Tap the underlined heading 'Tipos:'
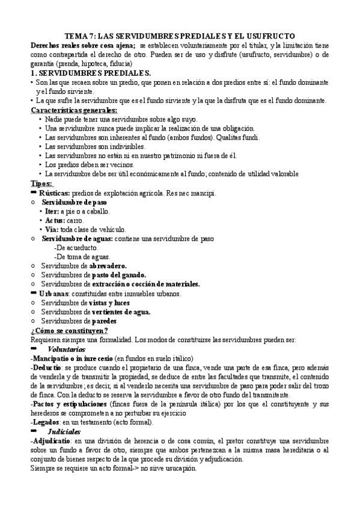point(41,183)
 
